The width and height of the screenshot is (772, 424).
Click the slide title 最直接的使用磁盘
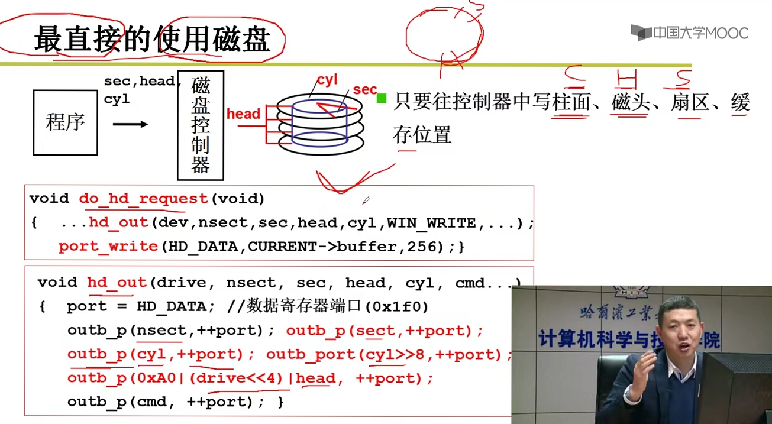point(152,40)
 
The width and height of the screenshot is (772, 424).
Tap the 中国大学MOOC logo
point(689,33)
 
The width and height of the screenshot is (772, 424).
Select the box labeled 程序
point(65,122)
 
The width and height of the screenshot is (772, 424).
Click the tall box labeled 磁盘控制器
point(201,125)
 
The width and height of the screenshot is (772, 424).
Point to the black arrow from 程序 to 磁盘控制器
point(130,124)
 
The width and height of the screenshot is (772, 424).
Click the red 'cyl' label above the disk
point(327,80)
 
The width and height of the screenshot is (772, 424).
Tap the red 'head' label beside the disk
point(243,114)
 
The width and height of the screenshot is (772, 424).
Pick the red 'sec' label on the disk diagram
point(364,90)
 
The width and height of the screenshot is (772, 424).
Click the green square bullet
point(382,98)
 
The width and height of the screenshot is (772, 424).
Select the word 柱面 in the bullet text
point(571,103)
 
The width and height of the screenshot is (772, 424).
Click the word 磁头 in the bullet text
point(631,103)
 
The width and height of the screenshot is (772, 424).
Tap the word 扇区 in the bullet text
point(690,103)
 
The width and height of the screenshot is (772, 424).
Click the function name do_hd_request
point(143,199)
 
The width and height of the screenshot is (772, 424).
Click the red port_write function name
point(108,247)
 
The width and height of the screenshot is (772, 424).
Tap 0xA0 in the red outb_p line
point(156,378)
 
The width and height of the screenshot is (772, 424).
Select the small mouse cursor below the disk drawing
point(366,200)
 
